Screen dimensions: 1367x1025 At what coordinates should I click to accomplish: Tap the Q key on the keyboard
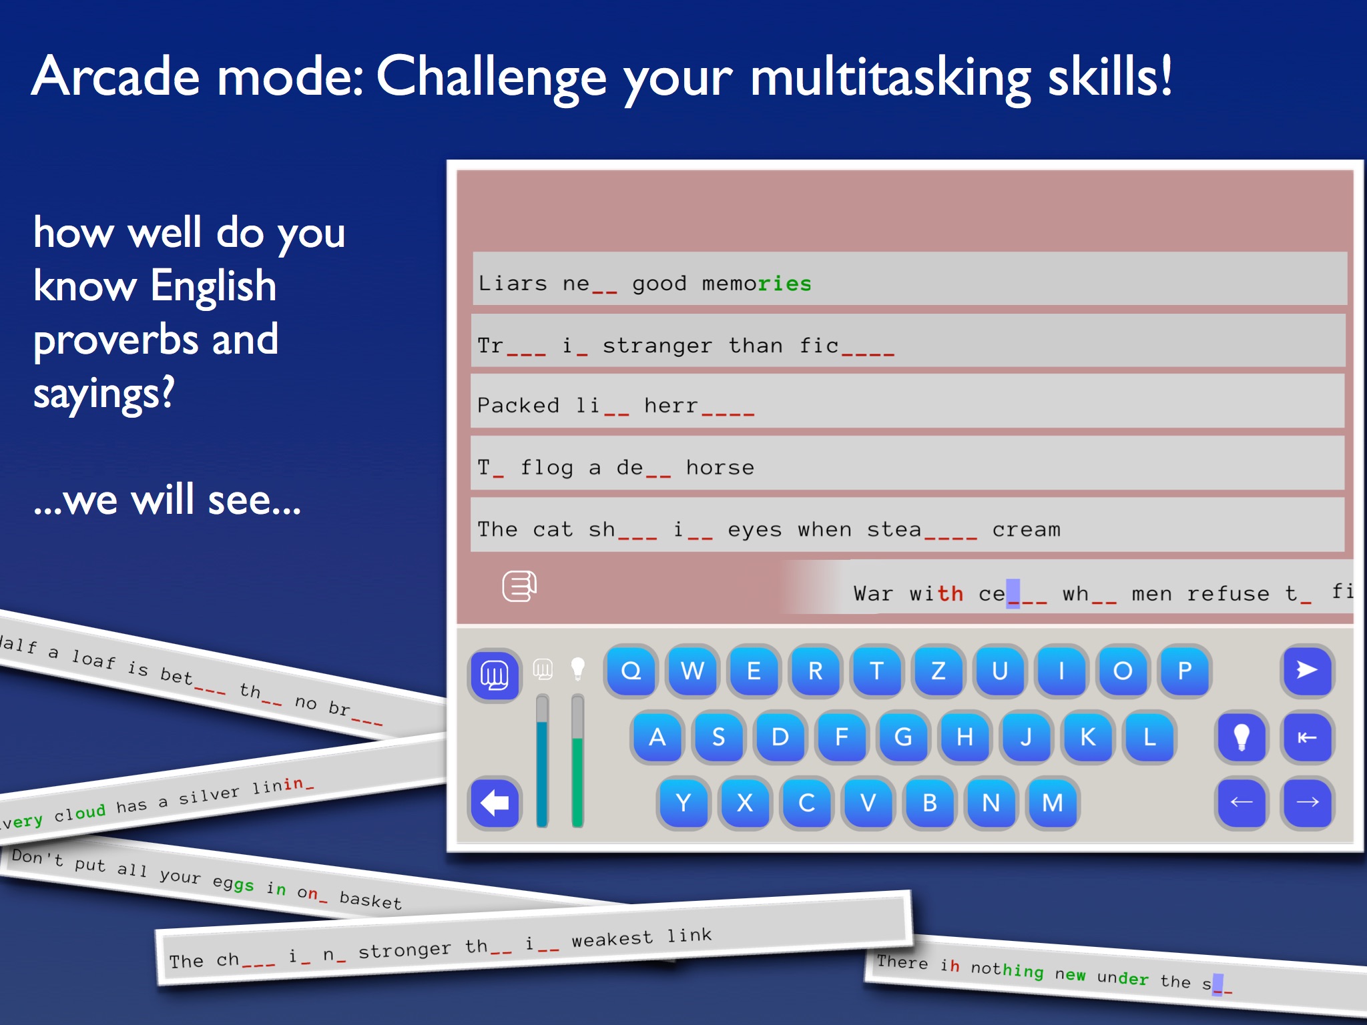pyautogui.click(x=631, y=671)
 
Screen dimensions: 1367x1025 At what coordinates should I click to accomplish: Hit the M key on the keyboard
pyautogui.click(x=1053, y=803)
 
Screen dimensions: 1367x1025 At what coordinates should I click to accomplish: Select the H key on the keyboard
pyautogui.click(x=965, y=737)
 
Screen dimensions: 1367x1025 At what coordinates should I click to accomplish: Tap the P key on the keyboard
pyautogui.click(x=1185, y=671)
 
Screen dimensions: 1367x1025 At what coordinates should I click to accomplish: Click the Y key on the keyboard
pyautogui.click(x=683, y=803)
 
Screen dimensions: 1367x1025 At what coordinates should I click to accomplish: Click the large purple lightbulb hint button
pyautogui.click(x=1242, y=737)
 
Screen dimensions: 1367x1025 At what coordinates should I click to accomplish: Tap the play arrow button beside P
pyautogui.click(x=1307, y=671)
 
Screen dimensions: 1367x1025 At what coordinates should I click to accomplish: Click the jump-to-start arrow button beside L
pyautogui.click(x=1307, y=737)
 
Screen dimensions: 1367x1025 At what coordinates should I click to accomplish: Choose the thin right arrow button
pyautogui.click(x=1307, y=803)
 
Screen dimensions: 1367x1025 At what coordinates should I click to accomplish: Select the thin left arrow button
pyautogui.click(x=1242, y=803)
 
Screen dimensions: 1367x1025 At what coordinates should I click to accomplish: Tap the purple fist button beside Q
pyautogui.click(x=495, y=675)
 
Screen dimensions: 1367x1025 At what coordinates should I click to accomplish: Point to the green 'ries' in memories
pyautogui.click(x=784, y=284)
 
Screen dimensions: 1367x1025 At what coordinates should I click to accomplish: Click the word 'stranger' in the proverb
pyautogui.click(x=657, y=346)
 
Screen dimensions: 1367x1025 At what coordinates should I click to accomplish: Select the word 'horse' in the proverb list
pyautogui.click(x=720, y=467)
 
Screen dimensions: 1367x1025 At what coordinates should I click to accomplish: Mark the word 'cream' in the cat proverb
pyautogui.click(x=1026, y=530)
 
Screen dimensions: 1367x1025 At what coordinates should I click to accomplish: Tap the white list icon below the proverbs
pyautogui.click(x=519, y=587)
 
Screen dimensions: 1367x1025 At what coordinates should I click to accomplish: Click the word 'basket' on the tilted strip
pyautogui.click(x=370, y=900)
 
